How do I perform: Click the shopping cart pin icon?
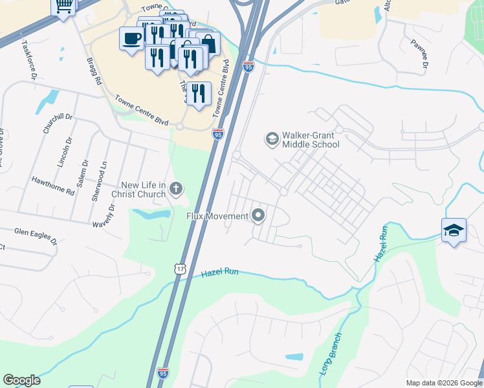[x=63, y=6]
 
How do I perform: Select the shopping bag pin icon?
[x=208, y=43]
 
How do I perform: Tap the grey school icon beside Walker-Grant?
[x=272, y=138]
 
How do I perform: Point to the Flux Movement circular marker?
[x=259, y=215]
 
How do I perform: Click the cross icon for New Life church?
[x=175, y=189]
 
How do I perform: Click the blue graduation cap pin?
[x=454, y=230]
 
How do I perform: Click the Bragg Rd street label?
[x=94, y=70]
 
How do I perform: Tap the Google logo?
[x=21, y=380]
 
